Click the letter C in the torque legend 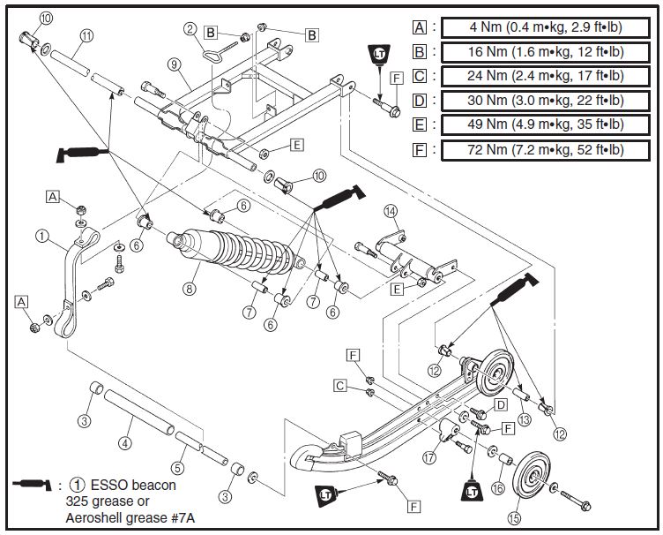click(x=420, y=76)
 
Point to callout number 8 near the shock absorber click(x=189, y=287)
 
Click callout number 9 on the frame click(x=174, y=65)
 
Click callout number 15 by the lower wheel click(x=515, y=517)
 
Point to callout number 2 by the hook click(x=190, y=29)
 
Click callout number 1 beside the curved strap click(x=42, y=236)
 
